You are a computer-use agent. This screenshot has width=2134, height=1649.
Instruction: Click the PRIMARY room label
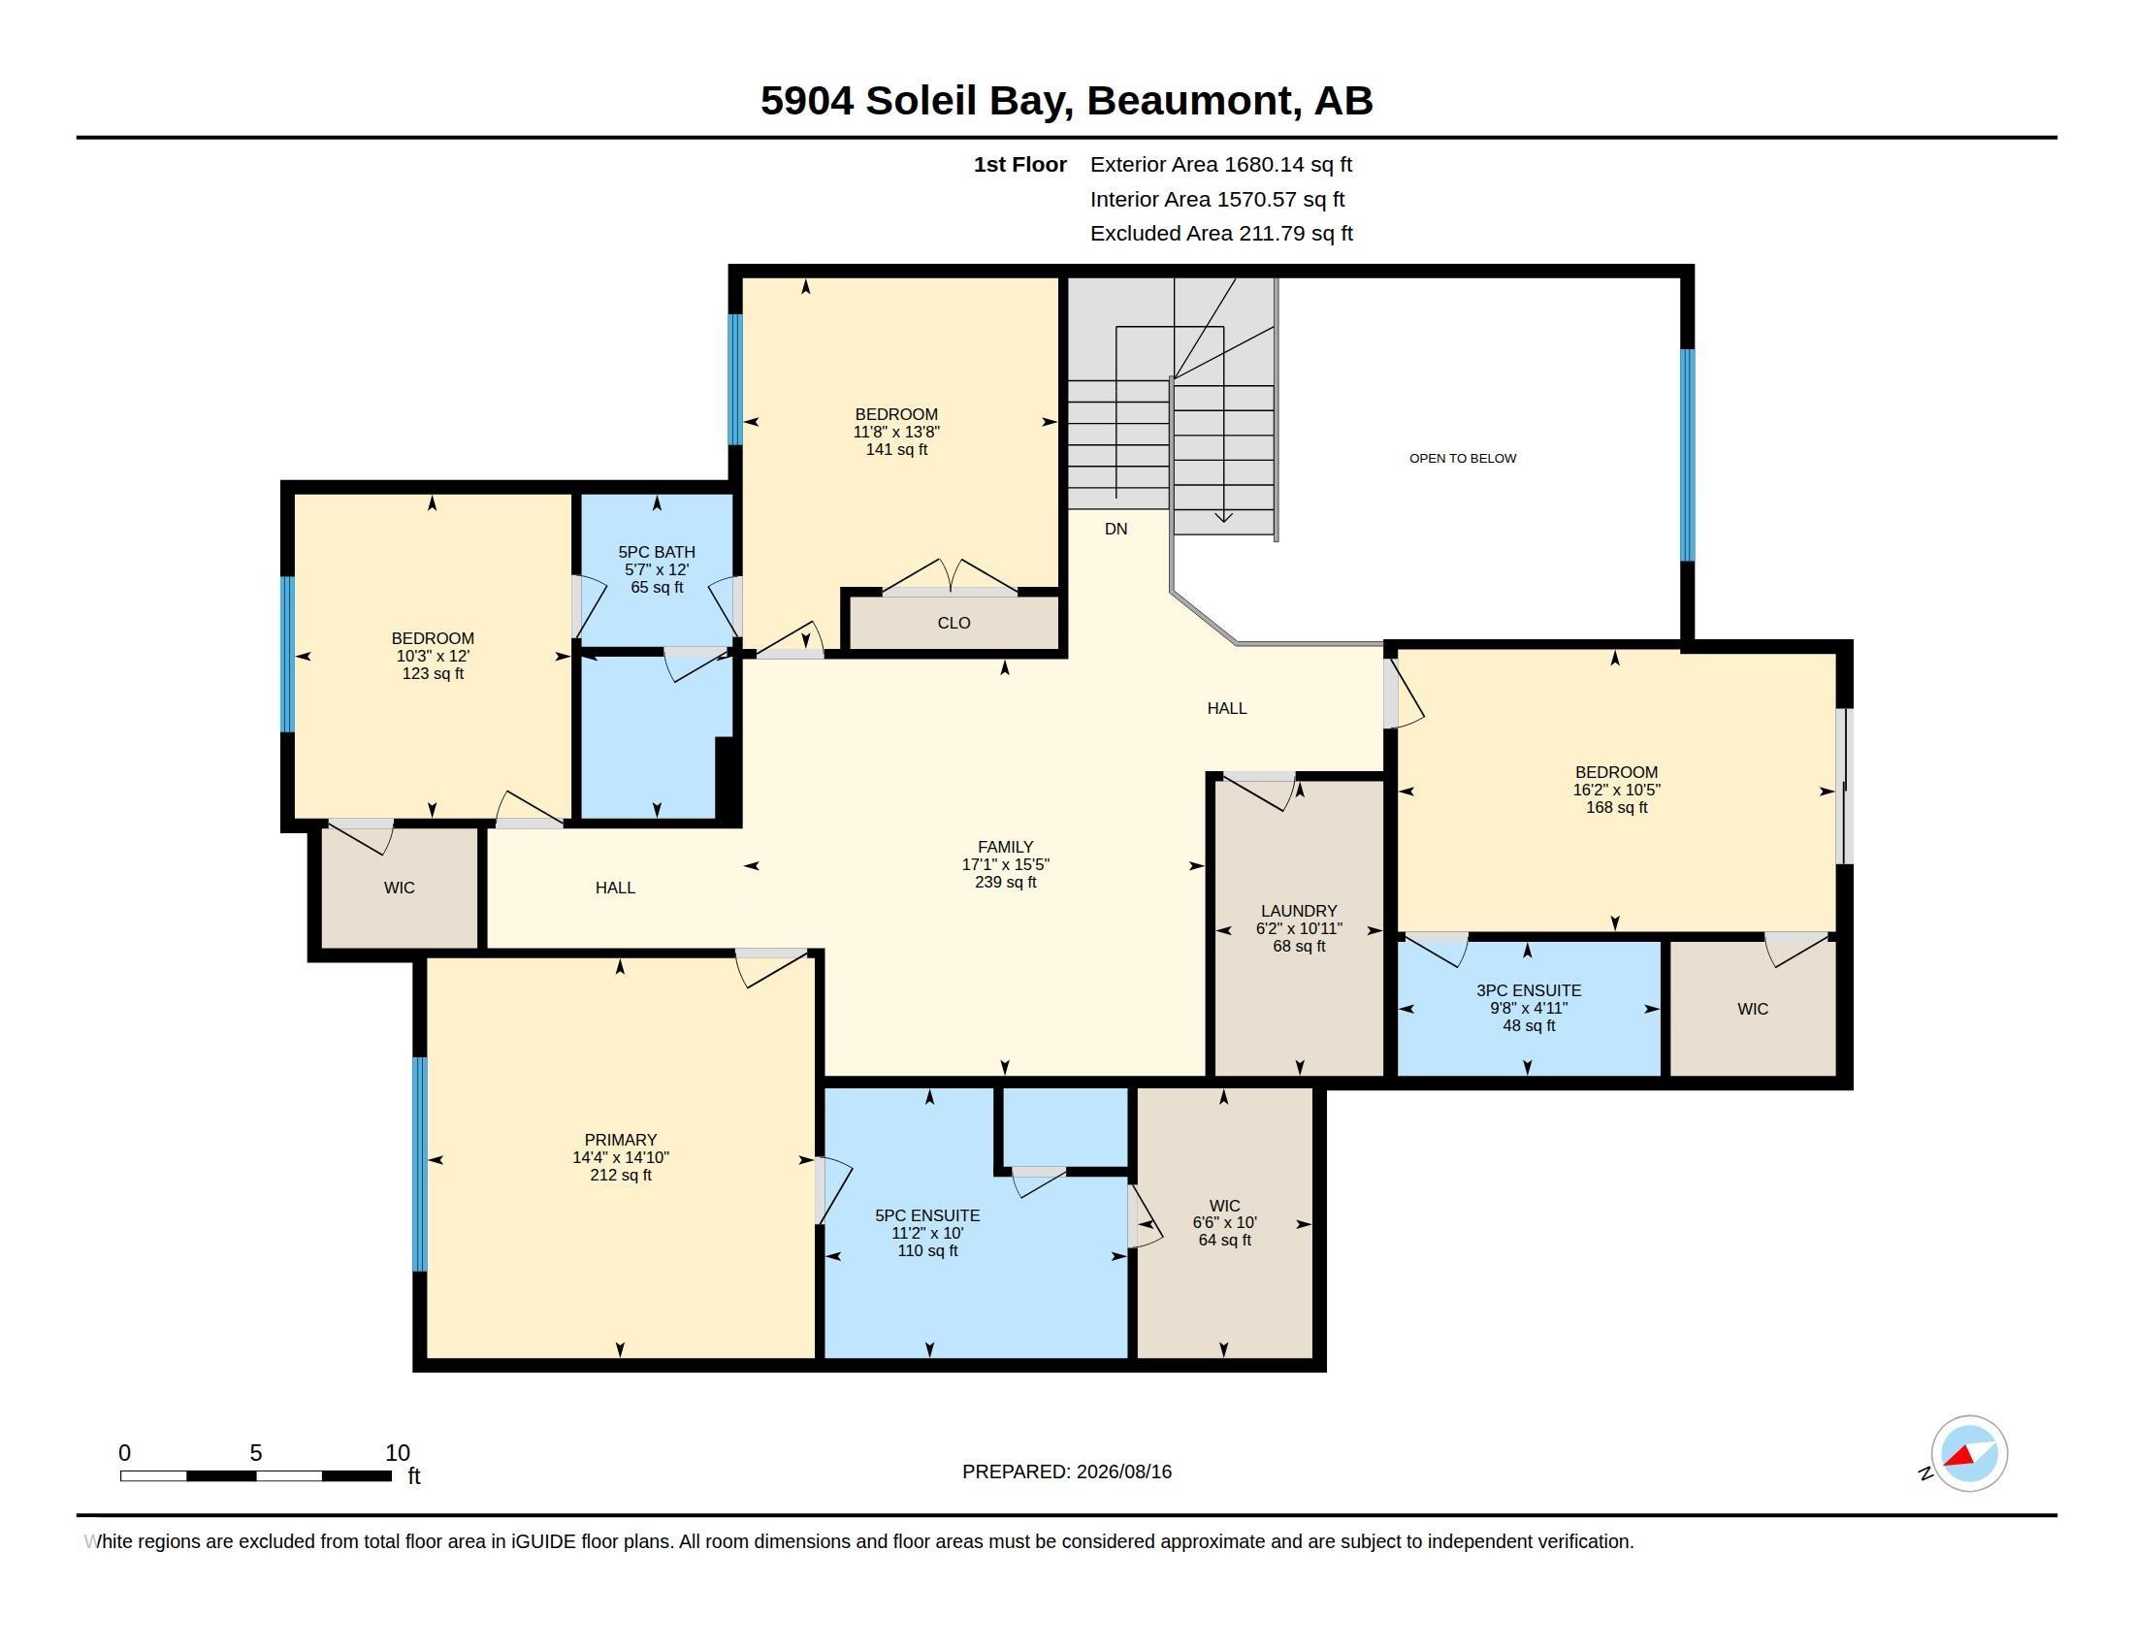click(x=621, y=1139)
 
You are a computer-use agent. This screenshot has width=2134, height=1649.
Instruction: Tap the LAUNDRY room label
click(x=1299, y=911)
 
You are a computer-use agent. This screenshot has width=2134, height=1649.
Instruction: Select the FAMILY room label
click(x=1006, y=847)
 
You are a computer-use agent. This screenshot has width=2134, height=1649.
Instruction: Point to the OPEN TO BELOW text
click(x=1463, y=458)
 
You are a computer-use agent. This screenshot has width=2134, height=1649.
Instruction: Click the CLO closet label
click(x=954, y=623)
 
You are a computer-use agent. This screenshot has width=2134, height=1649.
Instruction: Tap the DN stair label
click(x=1115, y=529)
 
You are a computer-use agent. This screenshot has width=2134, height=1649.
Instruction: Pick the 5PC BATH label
click(x=657, y=552)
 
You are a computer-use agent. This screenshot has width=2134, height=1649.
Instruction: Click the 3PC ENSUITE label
click(x=1528, y=989)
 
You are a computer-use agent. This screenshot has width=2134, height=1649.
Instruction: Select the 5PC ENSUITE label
click(x=927, y=1215)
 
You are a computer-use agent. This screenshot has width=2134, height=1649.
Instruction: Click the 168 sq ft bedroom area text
click(x=1616, y=807)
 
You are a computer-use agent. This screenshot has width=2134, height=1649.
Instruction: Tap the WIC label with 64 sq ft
click(x=1224, y=1206)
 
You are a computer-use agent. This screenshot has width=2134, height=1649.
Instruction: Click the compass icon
click(x=1968, y=1454)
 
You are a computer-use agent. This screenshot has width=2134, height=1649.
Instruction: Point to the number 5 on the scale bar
click(x=256, y=1453)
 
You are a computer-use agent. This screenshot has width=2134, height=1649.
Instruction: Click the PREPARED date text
click(x=1067, y=1471)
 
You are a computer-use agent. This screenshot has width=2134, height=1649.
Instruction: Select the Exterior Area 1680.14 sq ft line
click(x=1221, y=164)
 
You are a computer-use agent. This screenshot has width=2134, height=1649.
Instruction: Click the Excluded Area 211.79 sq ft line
click(x=1221, y=233)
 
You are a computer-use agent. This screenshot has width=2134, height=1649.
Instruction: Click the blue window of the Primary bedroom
click(x=420, y=1163)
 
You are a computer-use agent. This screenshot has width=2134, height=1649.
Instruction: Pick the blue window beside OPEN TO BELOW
click(x=1688, y=455)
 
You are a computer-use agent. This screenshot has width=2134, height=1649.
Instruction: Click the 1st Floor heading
click(x=1020, y=164)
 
